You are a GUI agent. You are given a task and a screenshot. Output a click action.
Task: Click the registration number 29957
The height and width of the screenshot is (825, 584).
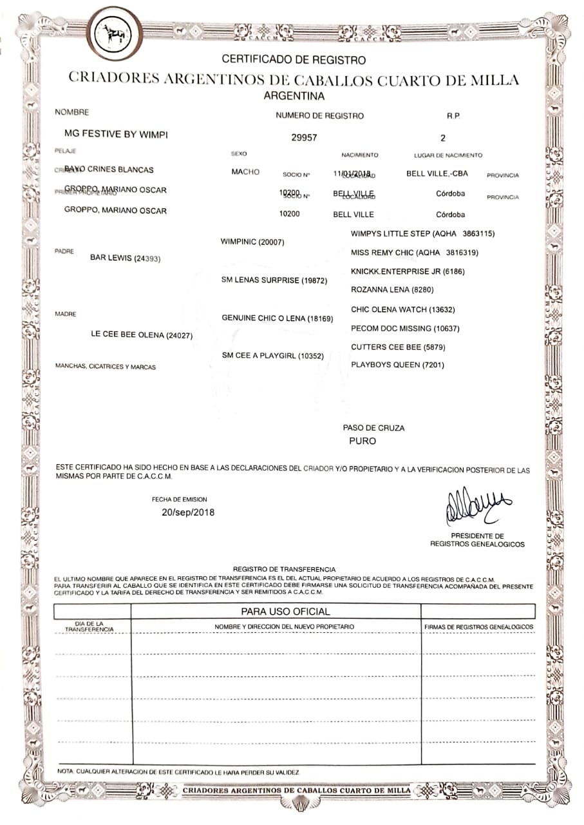[304, 137]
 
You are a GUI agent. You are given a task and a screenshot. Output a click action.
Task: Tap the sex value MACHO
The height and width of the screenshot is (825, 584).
[245, 172]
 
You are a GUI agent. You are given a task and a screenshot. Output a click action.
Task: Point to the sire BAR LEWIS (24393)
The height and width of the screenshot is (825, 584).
[125, 258]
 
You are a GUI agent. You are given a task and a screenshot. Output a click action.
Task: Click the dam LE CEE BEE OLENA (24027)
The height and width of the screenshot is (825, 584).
[142, 335]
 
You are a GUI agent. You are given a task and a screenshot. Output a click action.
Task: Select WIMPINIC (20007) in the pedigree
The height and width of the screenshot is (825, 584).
[252, 242]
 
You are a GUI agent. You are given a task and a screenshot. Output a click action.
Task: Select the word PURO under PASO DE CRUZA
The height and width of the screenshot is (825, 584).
[363, 442]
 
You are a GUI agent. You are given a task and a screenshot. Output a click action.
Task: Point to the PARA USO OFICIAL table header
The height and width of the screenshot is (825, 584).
[285, 611]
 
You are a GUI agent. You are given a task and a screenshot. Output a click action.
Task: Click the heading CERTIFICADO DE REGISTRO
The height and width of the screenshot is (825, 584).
[294, 60]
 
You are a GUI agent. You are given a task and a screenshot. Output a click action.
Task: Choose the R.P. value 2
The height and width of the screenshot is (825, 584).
[443, 137]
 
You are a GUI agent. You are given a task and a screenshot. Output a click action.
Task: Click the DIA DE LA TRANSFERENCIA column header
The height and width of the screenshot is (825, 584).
[89, 626]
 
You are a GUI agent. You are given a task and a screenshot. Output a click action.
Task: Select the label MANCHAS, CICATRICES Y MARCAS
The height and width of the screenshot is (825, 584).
[106, 367]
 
